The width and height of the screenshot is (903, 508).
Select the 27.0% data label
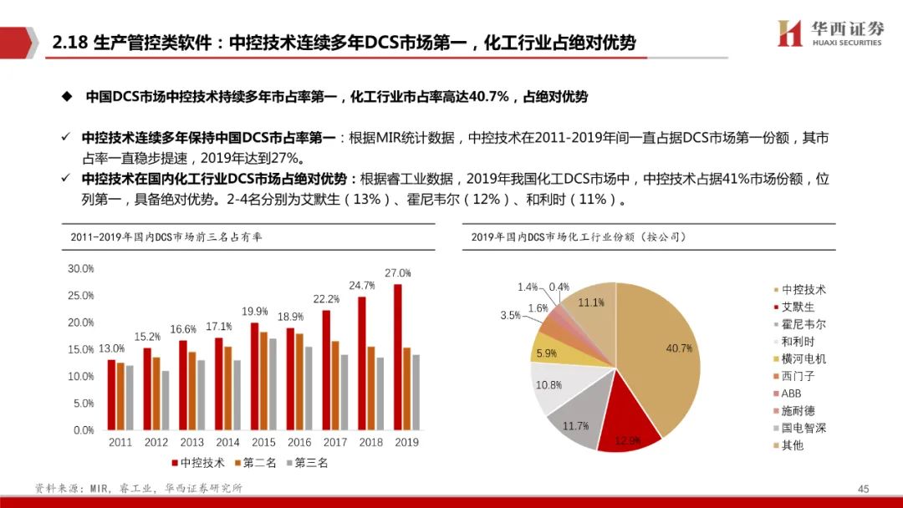pos(398,273)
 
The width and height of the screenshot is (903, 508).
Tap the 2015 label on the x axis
pos(263,442)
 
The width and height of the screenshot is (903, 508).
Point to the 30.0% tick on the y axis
pos(81,269)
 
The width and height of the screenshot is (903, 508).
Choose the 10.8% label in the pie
pos(548,385)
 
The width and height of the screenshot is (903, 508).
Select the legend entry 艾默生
pos(798,307)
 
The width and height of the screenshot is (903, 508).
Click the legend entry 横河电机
pos(804,359)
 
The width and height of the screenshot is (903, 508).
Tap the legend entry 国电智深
pos(804,429)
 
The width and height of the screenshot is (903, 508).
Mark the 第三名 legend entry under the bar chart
pos(306,462)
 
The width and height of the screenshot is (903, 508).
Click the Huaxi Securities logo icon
pos(790,33)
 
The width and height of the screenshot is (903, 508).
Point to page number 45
pos(864,488)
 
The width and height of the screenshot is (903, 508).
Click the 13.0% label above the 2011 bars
pos(111,348)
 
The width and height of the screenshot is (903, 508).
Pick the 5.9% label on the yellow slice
pos(546,353)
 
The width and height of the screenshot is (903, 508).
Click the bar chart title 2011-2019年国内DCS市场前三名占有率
pos(167,237)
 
